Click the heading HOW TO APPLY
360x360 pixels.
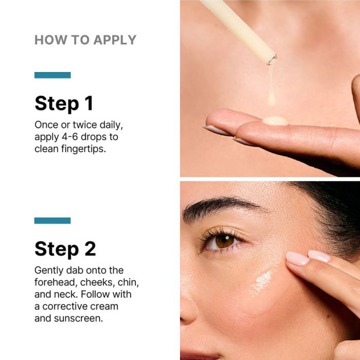[x=85, y=40]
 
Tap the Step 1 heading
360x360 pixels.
[x=64, y=104]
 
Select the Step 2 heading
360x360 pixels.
[x=65, y=249]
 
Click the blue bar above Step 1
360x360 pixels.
[x=52, y=75]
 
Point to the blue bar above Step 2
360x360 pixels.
[x=52, y=221]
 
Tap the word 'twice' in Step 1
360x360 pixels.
[x=85, y=125]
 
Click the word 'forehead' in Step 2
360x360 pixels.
[x=55, y=282]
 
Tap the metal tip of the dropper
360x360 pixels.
[x=272, y=60]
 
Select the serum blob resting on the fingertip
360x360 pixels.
[x=275, y=120]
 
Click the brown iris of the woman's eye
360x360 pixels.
[x=225, y=241]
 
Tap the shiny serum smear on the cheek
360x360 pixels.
[x=262, y=282]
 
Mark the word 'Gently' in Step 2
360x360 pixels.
[x=49, y=271]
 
